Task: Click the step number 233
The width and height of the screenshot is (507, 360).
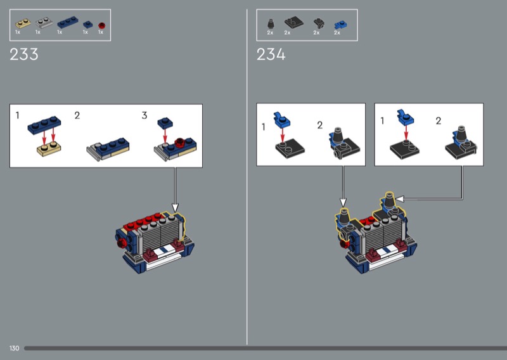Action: click(x=24, y=55)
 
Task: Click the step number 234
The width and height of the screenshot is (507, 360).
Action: click(x=271, y=55)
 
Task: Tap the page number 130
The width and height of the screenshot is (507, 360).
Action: click(x=14, y=348)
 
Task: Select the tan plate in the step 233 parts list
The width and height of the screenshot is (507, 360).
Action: click(x=23, y=23)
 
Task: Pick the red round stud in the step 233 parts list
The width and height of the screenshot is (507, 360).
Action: click(x=101, y=25)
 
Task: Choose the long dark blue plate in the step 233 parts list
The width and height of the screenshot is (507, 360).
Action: click(x=68, y=22)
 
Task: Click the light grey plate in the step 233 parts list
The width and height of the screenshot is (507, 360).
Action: click(x=44, y=23)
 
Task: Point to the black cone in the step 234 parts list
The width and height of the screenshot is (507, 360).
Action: click(x=271, y=24)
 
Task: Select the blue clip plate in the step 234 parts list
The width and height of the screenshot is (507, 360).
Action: click(x=340, y=25)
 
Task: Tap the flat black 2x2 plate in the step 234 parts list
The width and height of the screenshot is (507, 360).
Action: click(x=294, y=22)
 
